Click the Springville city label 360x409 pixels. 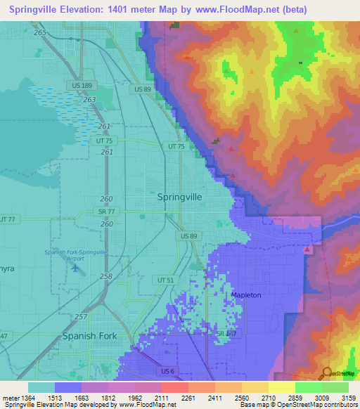(x=179, y=197)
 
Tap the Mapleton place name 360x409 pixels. (x=245, y=295)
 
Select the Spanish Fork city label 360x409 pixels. (x=89, y=336)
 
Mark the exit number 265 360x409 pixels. (x=39, y=33)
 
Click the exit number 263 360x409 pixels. (x=89, y=100)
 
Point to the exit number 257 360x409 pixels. (x=82, y=318)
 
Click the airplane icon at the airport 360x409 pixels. (x=75, y=270)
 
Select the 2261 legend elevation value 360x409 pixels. (x=188, y=398)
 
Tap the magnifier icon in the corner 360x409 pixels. (x=326, y=372)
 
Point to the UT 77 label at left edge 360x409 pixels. (x=7, y=220)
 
